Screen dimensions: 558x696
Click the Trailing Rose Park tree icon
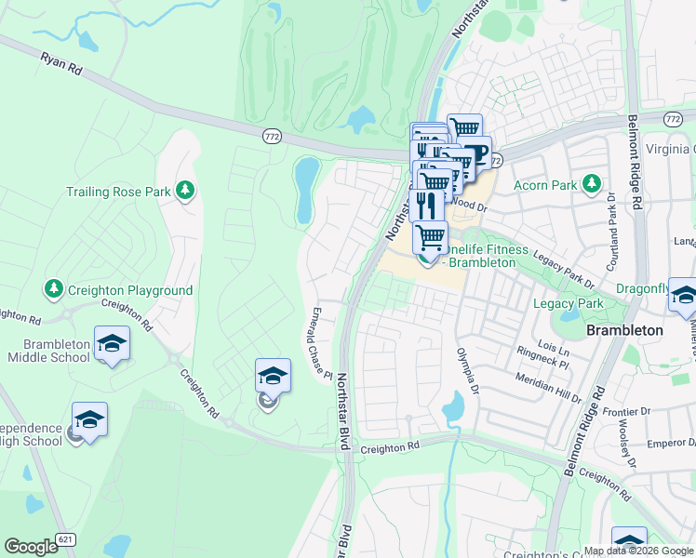pos(186,191)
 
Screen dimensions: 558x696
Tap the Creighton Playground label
pos(133,290)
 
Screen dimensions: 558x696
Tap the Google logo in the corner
pos(31,547)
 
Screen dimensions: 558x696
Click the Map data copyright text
pos(637,551)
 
